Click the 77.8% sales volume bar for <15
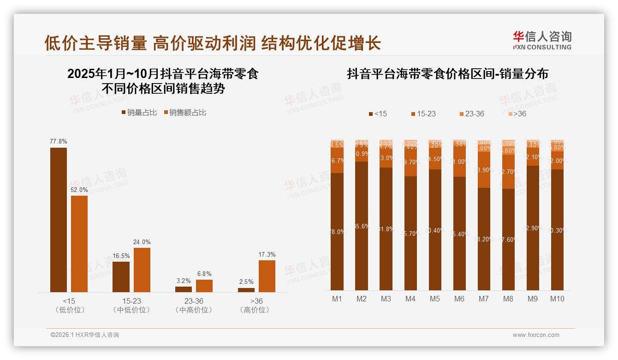click(x=59, y=220)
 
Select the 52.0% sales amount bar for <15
click(x=79, y=244)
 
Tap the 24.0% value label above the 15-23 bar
click(x=142, y=242)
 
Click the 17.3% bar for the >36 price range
click(x=267, y=276)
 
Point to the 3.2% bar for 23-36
click(x=184, y=289)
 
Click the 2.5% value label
click(x=246, y=282)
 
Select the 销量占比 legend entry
click(x=139, y=113)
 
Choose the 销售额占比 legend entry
click(x=184, y=113)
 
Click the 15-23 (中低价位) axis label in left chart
click(x=131, y=305)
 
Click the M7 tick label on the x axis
click(x=483, y=299)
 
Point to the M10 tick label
click(x=557, y=299)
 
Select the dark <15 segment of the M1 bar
click(x=337, y=231)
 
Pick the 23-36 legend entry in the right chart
click(x=472, y=114)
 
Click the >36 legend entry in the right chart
click(x=517, y=114)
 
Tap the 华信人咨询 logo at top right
click(x=542, y=40)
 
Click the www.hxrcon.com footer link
click(x=536, y=335)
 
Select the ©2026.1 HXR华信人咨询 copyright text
click(x=85, y=335)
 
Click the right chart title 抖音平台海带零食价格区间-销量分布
click(x=447, y=74)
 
